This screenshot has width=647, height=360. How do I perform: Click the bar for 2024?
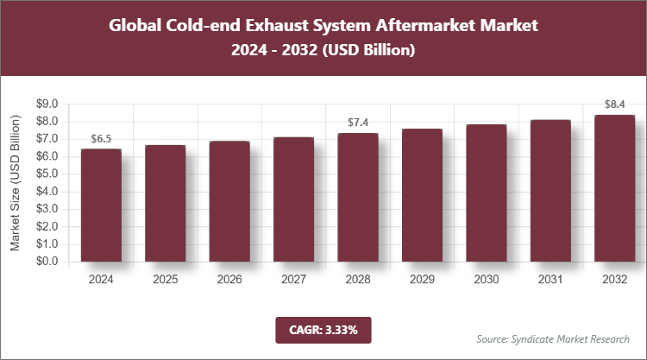[101, 205]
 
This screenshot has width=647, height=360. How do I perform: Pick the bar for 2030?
[487, 193]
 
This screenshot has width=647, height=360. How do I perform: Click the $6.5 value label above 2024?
[101, 139]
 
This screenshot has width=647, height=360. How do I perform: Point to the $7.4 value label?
[358, 123]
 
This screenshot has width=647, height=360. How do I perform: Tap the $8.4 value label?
[614, 105]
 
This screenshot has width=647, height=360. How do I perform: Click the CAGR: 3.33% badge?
[323, 329]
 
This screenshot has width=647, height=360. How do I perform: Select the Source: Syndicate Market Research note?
[553, 338]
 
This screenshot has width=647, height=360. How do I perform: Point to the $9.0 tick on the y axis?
[45, 104]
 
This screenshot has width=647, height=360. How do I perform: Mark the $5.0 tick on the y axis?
[45, 174]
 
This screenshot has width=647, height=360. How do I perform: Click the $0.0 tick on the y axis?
[45, 262]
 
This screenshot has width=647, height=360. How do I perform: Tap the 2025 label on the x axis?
[166, 280]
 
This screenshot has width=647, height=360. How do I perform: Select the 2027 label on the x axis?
[293, 280]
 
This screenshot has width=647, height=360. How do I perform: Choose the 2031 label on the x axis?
[550, 280]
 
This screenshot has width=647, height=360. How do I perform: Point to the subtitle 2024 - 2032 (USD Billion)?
[323, 51]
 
